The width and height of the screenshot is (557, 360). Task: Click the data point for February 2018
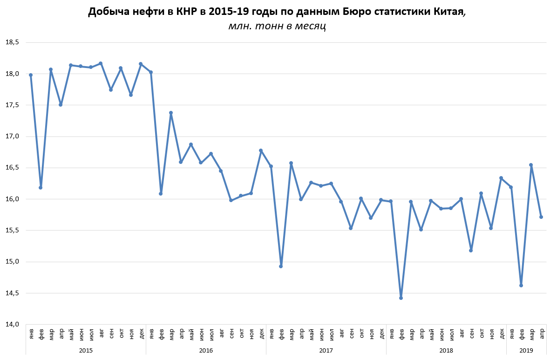pos(401,298)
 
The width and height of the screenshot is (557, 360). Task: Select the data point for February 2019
pos(521,285)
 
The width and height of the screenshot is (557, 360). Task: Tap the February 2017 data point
pos(281,266)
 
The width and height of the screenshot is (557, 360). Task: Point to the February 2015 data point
pos(41,188)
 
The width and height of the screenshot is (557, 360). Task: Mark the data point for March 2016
pos(171,113)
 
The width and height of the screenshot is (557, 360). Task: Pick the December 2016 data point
pos(261,150)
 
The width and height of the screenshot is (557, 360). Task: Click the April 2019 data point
pos(541,217)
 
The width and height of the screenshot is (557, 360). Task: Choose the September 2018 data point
pos(471,251)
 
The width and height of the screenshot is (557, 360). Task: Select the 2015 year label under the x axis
pos(86,350)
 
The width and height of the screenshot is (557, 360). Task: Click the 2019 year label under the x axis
pos(526,350)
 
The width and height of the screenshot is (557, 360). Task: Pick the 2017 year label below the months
pos(326,350)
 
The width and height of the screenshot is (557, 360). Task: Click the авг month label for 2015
pos(101,333)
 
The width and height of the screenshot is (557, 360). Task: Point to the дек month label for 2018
pos(502,333)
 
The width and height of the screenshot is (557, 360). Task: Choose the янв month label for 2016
pos(151,333)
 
